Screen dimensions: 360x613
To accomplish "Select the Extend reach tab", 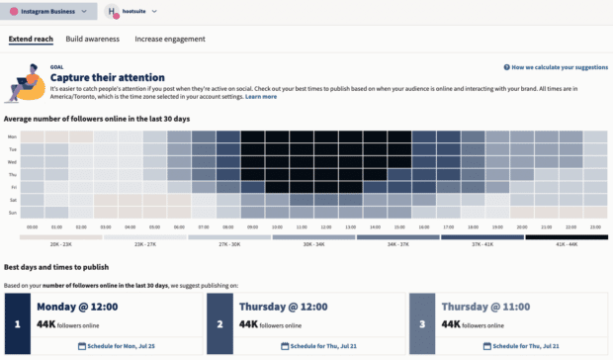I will pos(32,39).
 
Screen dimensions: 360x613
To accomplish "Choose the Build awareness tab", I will pos(92,39).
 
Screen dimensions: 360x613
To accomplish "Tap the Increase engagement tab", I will pos(170,39).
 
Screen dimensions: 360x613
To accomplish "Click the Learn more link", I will pos(261,97).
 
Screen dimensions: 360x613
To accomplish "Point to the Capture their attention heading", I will pos(107,77).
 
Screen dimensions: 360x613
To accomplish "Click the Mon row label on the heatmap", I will pos(12,136).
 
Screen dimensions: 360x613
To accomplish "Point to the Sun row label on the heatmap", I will pos(12,212).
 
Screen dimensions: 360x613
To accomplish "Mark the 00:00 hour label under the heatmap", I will pos(32,226).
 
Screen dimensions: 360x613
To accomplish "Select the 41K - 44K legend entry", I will pos(567,243).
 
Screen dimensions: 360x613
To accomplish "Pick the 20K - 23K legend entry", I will pos(61,243).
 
